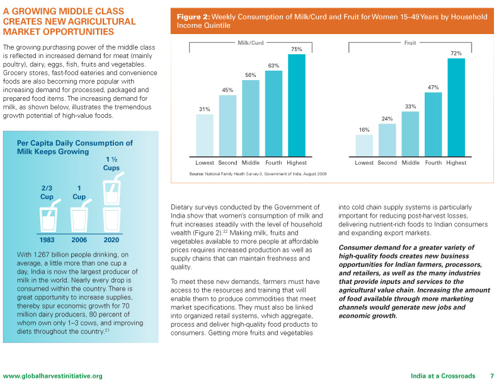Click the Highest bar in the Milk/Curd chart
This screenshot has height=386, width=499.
(297, 105)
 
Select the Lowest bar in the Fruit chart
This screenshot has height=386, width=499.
(364, 146)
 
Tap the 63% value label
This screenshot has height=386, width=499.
(273, 66)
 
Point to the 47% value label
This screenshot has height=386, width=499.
(433, 87)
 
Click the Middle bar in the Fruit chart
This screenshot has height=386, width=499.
(410, 134)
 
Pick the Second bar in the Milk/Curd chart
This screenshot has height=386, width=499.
(227, 126)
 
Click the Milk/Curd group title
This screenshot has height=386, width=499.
(251, 43)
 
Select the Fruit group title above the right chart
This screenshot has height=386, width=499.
(410, 43)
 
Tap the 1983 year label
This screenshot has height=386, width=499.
(47, 240)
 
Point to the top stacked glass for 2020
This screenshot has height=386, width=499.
(112, 189)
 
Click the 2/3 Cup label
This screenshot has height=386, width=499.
(47, 192)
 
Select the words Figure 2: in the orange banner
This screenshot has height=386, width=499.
(193, 17)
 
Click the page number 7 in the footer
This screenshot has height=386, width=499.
(492, 376)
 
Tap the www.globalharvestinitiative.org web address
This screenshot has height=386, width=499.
(53, 376)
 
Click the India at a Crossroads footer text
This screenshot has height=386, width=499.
(443, 376)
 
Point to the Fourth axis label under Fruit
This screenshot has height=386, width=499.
(433, 163)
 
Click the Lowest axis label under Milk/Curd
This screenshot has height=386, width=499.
(205, 163)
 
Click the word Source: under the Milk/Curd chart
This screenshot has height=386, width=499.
(197, 174)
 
